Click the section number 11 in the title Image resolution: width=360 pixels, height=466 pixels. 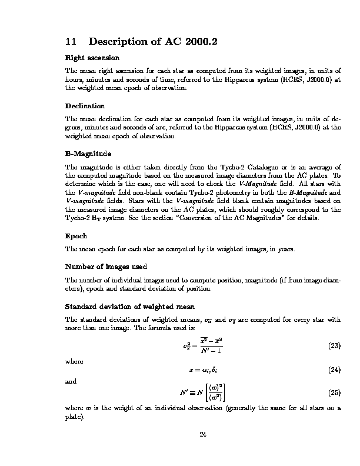[x=70, y=42]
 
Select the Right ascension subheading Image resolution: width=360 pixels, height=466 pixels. [x=92, y=58]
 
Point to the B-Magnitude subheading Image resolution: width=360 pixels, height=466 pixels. [x=88, y=154]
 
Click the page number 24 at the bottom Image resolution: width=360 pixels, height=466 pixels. [x=203, y=435]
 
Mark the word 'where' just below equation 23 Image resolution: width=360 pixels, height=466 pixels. [x=73, y=361]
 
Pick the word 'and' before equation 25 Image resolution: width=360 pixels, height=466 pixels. [x=70, y=381]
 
